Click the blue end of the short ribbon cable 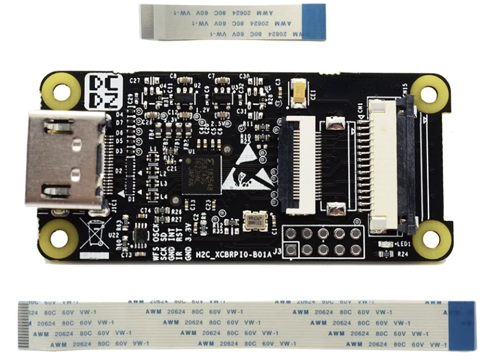pyautogui.click(x=314, y=22)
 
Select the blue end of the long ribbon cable pyautogui.click(x=462, y=325)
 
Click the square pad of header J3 pyautogui.click(x=291, y=250)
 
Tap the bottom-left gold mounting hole pyautogui.click(x=59, y=238)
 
